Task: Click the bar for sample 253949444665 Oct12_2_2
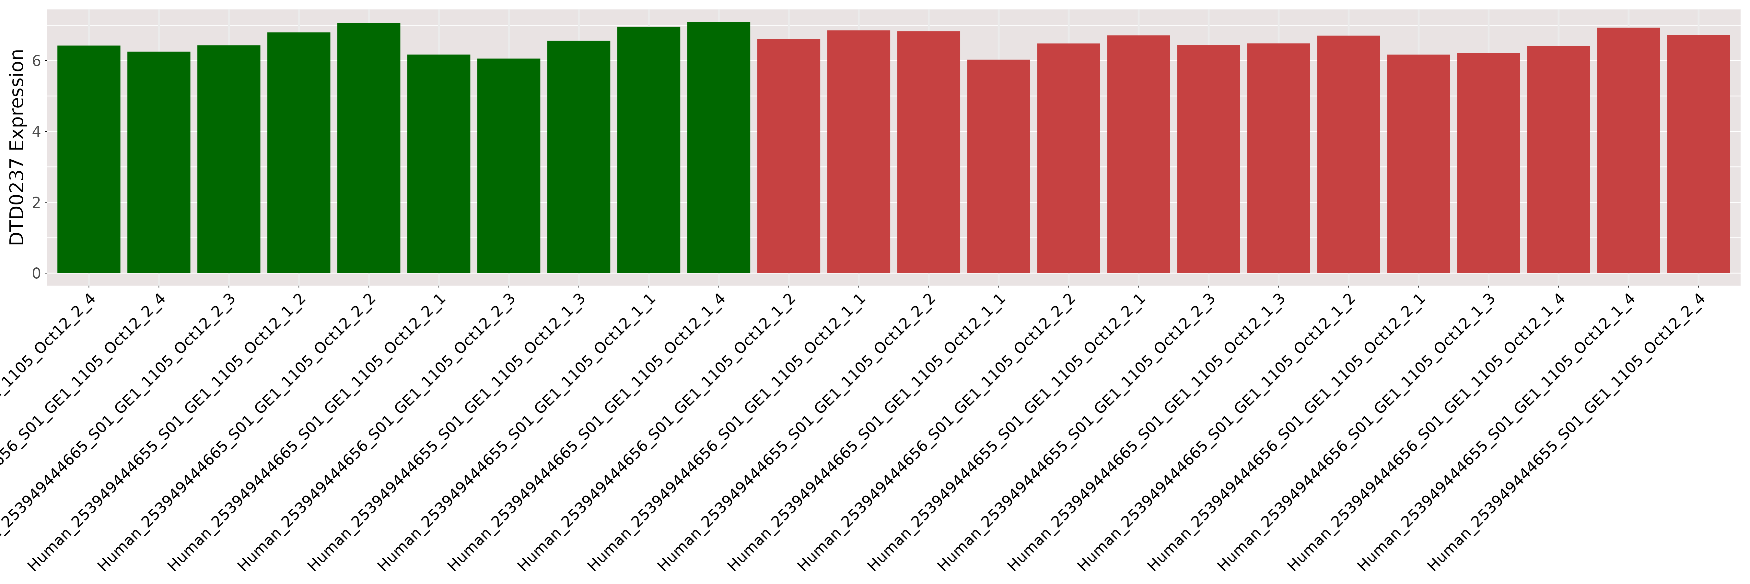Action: coord(368,150)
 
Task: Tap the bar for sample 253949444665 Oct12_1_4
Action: coord(718,150)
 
